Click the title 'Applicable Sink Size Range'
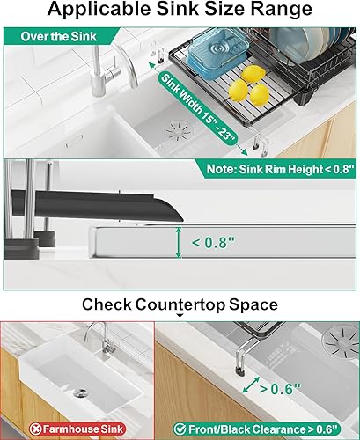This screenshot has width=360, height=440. click(x=180, y=11)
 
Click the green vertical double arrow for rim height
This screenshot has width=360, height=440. click(x=180, y=238)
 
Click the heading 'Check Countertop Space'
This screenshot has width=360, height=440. click(x=180, y=304)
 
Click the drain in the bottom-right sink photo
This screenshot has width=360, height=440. click(x=339, y=334)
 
